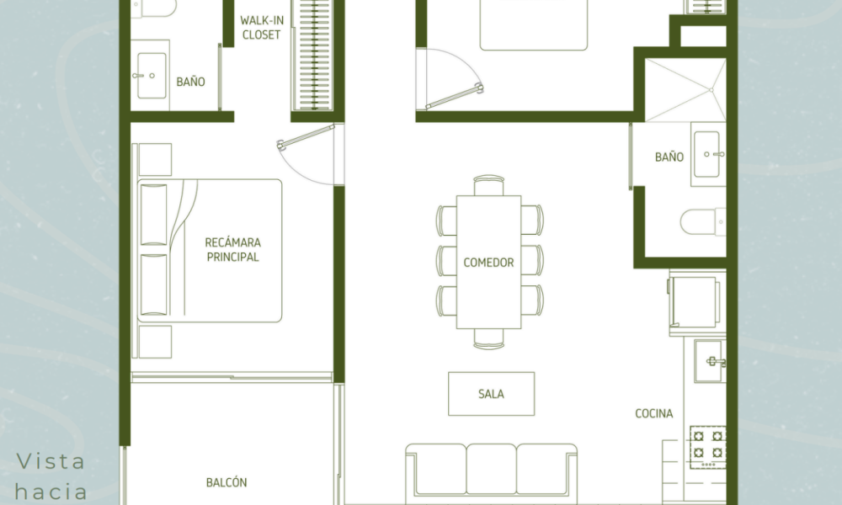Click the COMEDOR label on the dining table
pyautogui.click(x=488, y=263)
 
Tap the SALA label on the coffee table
pyautogui.click(x=492, y=394)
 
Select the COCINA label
pyautogui.click(x=654, y=413)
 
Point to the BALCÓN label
pyautogui.click(x=226, y=482)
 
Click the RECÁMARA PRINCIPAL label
pyautogui.click(x=233, y=249)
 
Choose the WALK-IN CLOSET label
pyautogui.click(x=262, y=28)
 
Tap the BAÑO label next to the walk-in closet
pyautogui.click(x=190, y=82)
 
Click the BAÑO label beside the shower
pyautogui.click(x=669, y=157)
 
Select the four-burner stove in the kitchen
pyautogui.click(x=708, y=447)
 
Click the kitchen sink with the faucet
pyautogui.click(x=710, y=361)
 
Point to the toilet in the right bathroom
pyautogui.click(x=703, y=221)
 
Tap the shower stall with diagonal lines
pyautogui.click(x=685, y=89)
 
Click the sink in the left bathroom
pyautogui.click(x=151, y=76)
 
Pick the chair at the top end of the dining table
pyautogui.click(x=488, y=185)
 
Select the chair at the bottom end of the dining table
pyautogui.click(x=488, y=338)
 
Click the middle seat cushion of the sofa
pyautogui.click(x=492, y=469)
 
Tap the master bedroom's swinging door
pyautogui.click(x=306, y=136)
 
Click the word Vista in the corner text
pyautogui.click(x=51, y=461)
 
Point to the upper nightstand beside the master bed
pyautogui.click(x=155, y=159)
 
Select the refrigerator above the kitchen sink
pyautogui.click(x=695, y=301)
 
